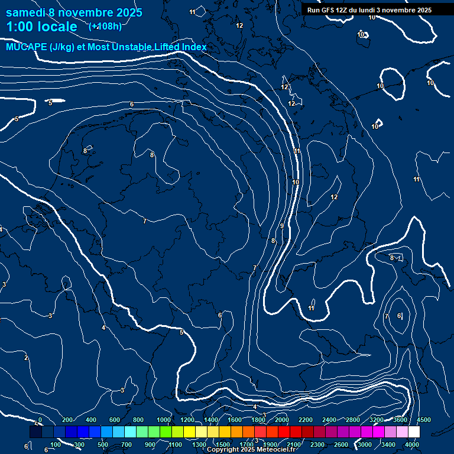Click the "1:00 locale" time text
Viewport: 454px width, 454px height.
41,27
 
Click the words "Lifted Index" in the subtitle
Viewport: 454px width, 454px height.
180,47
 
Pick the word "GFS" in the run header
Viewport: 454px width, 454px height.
329,10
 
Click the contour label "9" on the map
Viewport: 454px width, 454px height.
282,226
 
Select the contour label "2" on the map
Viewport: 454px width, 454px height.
26,358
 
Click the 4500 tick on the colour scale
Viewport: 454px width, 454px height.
424,420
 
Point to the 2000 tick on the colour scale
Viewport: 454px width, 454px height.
281,420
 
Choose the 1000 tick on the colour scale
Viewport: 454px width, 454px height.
164,420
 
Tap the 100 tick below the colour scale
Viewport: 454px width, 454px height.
56,445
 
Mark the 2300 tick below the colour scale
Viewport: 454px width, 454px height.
317,445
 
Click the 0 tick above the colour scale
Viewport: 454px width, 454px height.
40,420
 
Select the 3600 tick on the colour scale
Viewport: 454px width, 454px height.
400,420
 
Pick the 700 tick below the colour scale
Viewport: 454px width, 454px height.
127,445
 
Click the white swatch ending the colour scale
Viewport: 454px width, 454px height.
414,432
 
